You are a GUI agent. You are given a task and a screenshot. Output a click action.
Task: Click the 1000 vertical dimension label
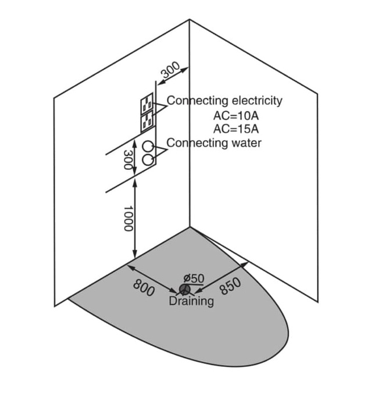click(x=128, y=219)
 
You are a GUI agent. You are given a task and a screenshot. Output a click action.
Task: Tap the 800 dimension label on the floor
click(x=144, y=288)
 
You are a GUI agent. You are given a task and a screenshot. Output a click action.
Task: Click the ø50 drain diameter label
click(x=193, y=278)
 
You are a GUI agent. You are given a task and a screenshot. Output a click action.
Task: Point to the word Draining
click(x=191, y=301)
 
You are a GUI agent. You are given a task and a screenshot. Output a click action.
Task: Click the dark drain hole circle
click(x=185, y=289)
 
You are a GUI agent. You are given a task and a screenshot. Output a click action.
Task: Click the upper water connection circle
click(x=149, y=145)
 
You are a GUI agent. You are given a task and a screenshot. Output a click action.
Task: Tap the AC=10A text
click(x=236, y=115)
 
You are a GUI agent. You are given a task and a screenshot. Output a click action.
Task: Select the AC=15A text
click(x=236, y=128)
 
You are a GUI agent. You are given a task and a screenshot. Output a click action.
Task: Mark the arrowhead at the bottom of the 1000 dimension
click(x=135, y=255)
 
